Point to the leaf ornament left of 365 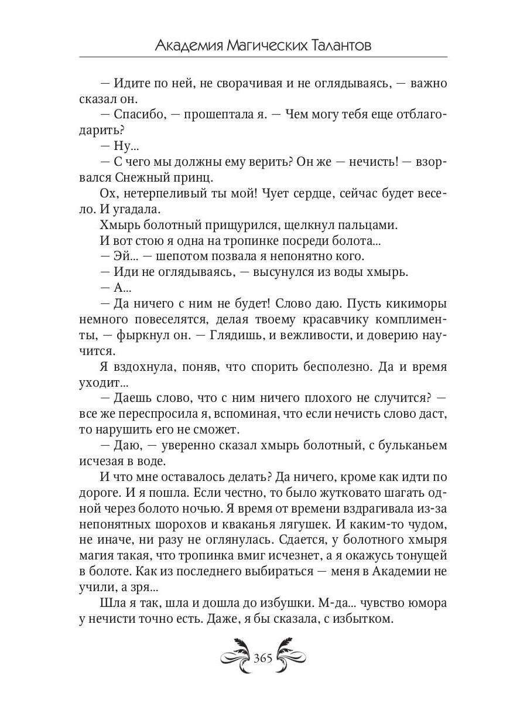click(234, 654)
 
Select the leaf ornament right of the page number click(293, 654)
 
